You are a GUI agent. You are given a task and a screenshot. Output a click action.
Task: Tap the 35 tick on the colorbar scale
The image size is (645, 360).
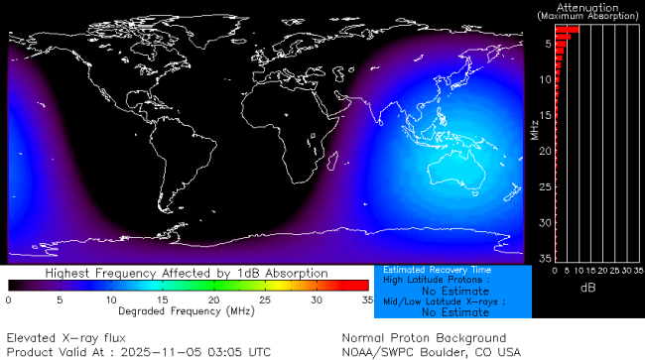point(366,299)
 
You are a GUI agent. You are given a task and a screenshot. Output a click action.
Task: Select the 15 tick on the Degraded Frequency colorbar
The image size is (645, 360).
point(162,299)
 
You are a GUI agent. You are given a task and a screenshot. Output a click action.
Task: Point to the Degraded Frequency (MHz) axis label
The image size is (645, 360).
point(187,311)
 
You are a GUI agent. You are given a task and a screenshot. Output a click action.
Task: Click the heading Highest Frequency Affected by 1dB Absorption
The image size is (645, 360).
point(187,272)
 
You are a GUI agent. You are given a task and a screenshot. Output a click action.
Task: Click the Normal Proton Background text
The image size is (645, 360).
point(424,338)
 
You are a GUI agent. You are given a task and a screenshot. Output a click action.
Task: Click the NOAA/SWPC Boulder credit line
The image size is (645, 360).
point(431,351)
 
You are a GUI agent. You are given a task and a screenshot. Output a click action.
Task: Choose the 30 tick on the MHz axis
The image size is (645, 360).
point(545,221)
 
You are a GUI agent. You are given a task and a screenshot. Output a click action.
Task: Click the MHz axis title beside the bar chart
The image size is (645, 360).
point(534,127)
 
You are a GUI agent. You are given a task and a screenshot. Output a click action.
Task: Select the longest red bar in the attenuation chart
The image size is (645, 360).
point(567,30)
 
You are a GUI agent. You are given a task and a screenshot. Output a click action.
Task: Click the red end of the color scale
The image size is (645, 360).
point(357,286)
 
